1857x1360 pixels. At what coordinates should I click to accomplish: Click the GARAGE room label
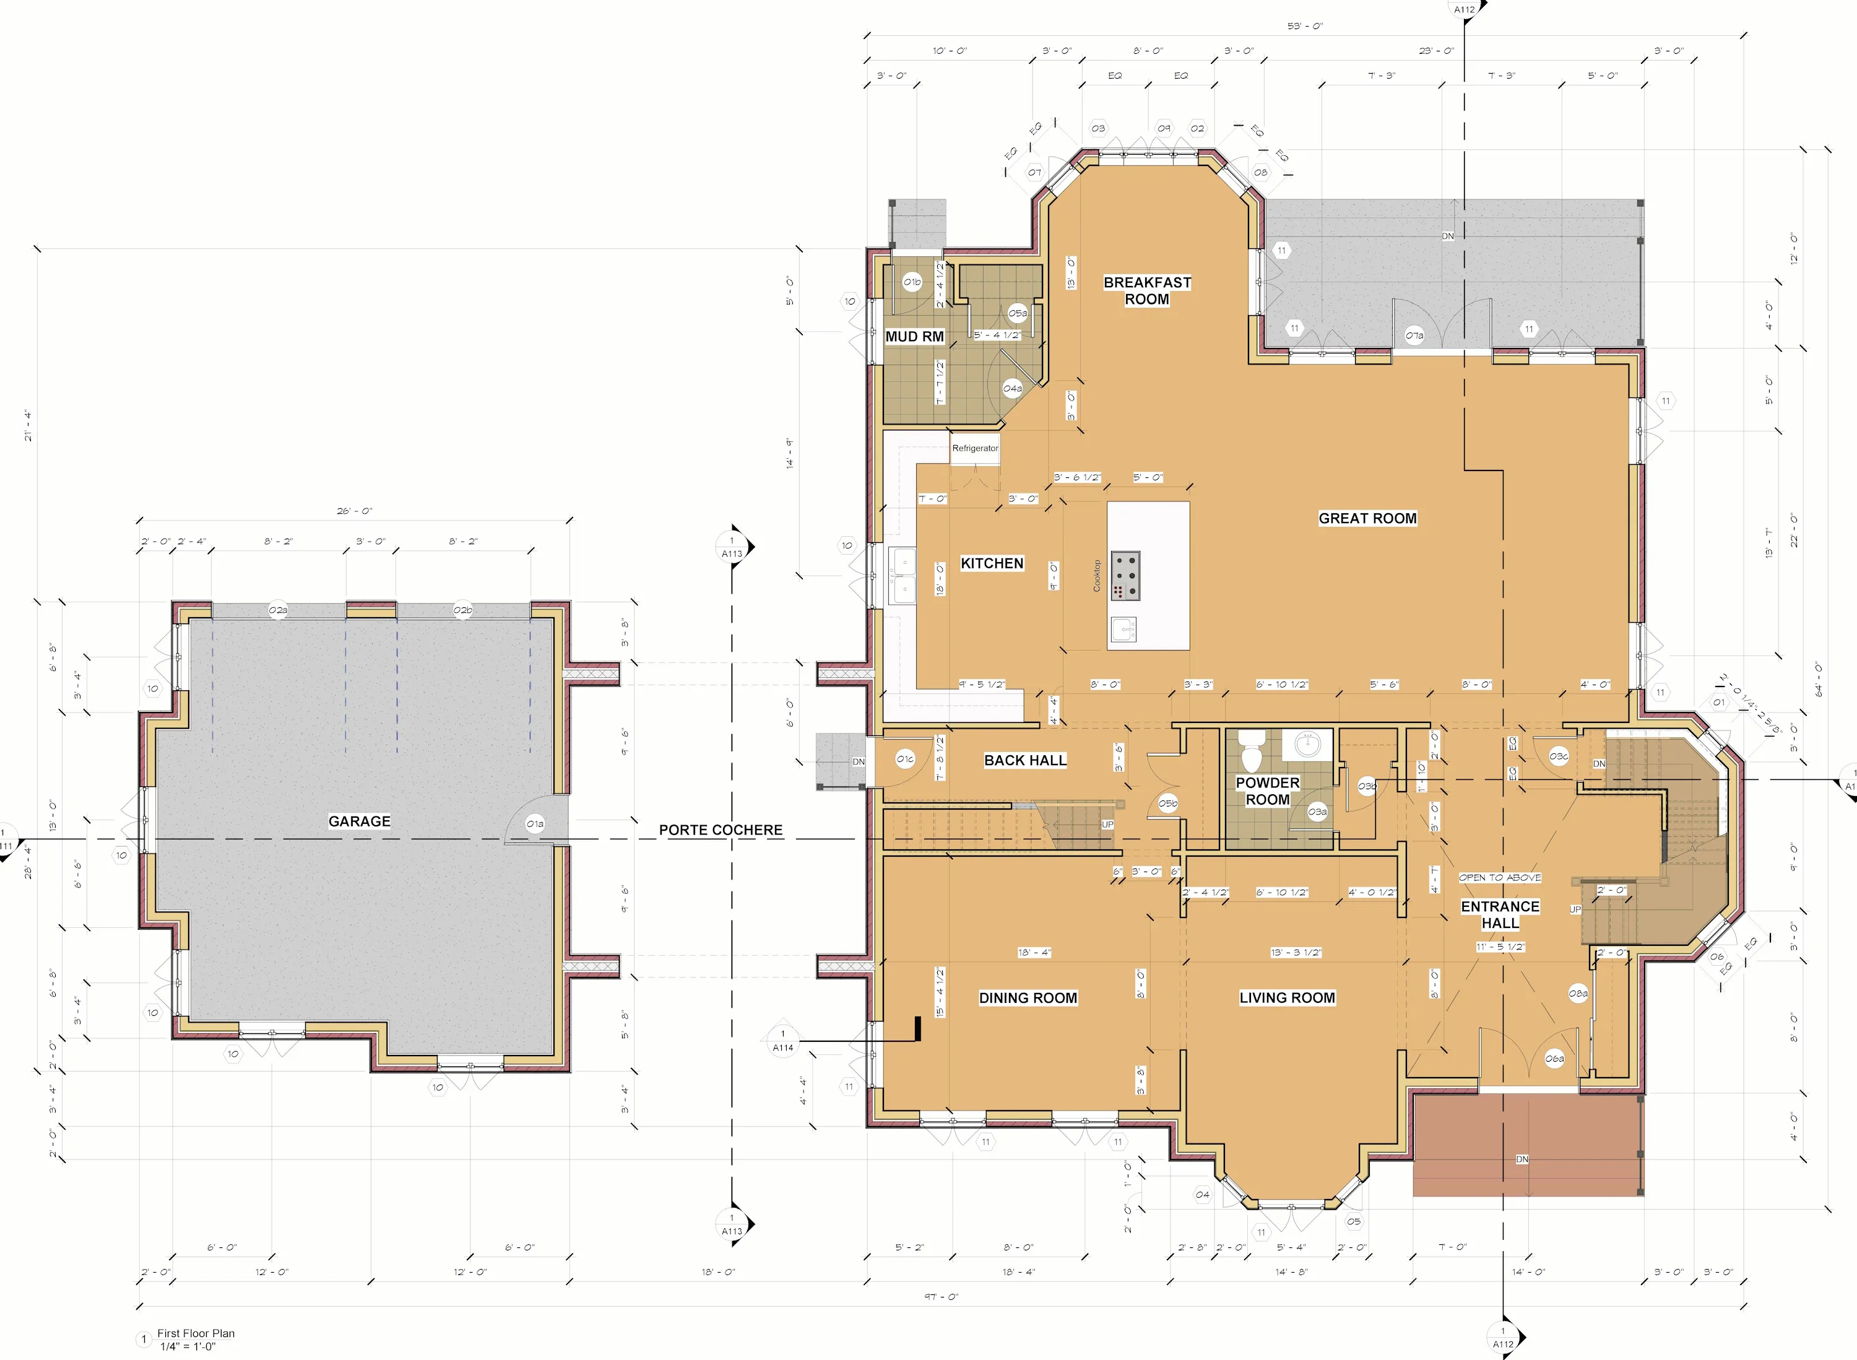359,821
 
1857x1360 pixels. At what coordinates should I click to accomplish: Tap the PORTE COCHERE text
721,830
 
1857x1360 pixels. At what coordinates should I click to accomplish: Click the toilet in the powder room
1251,750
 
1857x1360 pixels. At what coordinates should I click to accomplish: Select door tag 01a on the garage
535,823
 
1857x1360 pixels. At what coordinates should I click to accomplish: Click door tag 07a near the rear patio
1414,335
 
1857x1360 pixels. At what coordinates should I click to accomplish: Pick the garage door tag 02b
462,610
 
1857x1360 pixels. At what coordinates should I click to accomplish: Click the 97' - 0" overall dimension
941,1297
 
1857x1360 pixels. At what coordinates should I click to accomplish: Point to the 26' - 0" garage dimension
354,511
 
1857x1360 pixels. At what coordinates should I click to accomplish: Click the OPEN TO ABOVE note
1500,878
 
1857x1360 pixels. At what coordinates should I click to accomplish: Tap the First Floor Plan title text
196,1333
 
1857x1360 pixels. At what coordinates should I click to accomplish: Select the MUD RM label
914,337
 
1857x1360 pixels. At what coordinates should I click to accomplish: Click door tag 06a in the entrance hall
1554,1059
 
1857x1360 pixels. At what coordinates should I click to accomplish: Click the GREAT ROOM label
1367,518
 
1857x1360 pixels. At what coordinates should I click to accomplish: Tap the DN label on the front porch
1522,1159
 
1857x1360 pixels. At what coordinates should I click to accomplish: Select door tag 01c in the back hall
904,759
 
